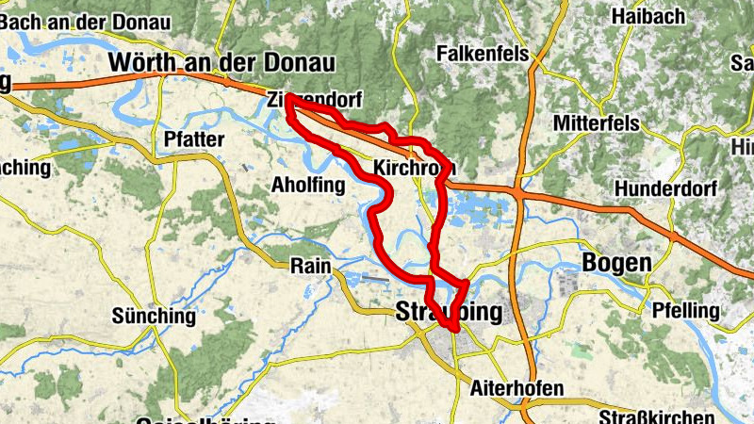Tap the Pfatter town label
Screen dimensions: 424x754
(x=193, y=139)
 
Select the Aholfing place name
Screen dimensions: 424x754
(x=308, y=184)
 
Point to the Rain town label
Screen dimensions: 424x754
(x=311, y=267)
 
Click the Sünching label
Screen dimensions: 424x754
(x=153, y=316)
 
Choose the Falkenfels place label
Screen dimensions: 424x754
(x=482, y=55)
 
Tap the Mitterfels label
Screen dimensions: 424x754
(x=596, y=123)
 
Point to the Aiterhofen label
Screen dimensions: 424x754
(x=516, y=388)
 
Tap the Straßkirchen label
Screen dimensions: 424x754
(x=658, y=416)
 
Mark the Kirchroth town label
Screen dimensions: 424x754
(x=415, y=169)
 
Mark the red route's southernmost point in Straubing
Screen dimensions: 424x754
(x=454, y=328)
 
